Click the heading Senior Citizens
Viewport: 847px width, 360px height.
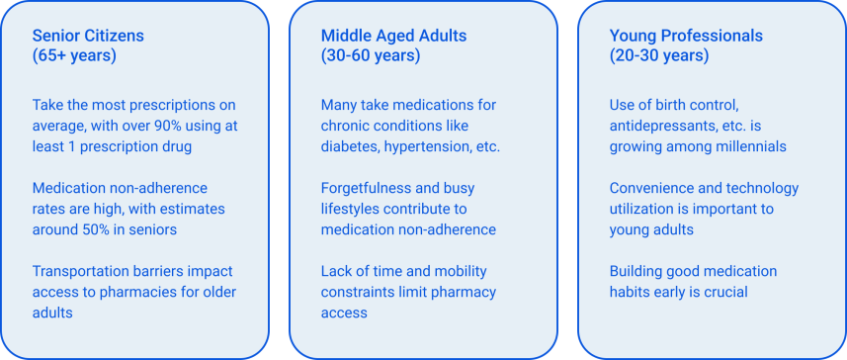click(x=88, y=36)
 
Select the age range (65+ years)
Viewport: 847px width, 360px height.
click(x=74, y=55)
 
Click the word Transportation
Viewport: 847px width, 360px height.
click(x=75, y=271)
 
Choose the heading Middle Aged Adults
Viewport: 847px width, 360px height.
click(x=393, y=36)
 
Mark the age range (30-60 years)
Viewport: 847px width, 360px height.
click(x=371, y=55)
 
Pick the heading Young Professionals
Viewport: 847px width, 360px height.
click(x=686, y=36)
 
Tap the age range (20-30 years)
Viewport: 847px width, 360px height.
click(x=659, y=55)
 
